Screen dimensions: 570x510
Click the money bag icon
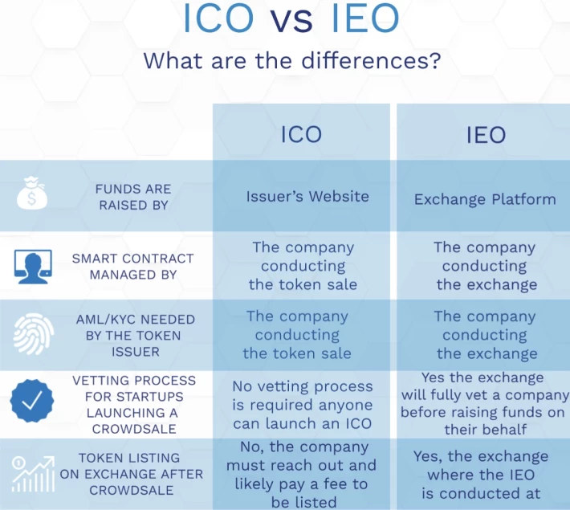point(32,194)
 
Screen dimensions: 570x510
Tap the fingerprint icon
point(34,334)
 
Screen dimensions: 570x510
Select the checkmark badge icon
point(32,401)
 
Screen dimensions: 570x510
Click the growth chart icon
point(33,475)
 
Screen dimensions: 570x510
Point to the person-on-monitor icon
point(33,267)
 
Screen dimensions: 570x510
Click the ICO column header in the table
point(301,134)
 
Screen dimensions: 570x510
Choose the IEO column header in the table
point(486,135)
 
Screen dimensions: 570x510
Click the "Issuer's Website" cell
point(307,197)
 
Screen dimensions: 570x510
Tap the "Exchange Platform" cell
point(485,199)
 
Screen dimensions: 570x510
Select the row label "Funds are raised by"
point(133,197)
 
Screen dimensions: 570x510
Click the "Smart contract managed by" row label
point(133,267)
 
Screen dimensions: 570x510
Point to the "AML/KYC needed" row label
point(135,336)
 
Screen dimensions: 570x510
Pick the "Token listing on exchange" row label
point(131,474)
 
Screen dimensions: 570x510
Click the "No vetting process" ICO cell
point(303,405)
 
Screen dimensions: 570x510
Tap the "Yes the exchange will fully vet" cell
point(485,403)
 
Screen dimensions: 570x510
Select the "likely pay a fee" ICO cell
point(301,475)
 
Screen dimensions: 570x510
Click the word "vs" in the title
point(291,20)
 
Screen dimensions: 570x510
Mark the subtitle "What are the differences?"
point(292,60)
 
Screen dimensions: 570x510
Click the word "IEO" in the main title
point(365,18)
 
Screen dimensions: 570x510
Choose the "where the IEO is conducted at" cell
point(481,475)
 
